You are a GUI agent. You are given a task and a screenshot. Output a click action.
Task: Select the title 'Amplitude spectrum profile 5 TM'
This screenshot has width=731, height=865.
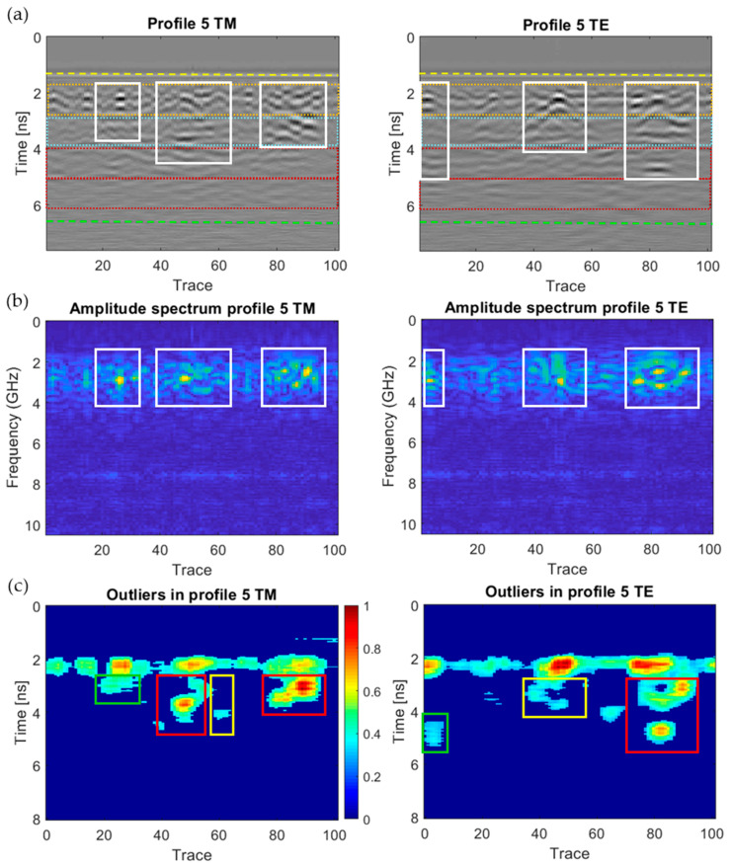(192, 309)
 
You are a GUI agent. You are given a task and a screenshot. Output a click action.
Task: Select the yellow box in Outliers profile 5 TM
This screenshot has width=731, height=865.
(221, 705)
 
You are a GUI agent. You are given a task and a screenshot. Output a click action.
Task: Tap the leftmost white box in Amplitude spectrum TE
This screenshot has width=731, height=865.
(434, 377)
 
